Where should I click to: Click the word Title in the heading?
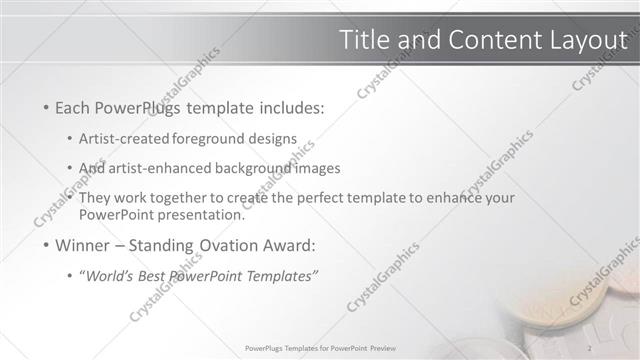363,40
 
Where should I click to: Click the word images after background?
319,168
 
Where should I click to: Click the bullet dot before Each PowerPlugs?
46,108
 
